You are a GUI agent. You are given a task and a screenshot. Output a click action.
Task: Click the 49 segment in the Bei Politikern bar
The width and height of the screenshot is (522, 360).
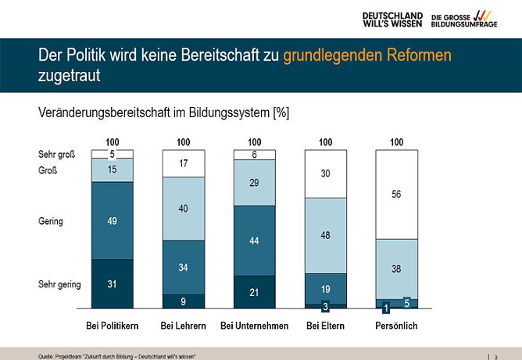pos(112,221)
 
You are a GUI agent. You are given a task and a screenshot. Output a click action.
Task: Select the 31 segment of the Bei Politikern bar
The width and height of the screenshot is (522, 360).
pos(112,283)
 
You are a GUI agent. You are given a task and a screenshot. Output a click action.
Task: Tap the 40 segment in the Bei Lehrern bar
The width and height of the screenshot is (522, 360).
pos(183,209)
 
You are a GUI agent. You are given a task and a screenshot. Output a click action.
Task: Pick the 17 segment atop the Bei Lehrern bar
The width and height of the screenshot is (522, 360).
pos(183,163)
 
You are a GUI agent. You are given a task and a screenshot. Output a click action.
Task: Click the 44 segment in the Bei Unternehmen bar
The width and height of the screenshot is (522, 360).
pos(254,241)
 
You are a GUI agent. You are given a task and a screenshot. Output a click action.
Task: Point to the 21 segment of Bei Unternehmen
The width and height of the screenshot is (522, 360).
pos(254,291)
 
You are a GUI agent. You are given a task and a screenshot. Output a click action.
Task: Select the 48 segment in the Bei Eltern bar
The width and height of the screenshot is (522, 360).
pos(325,235)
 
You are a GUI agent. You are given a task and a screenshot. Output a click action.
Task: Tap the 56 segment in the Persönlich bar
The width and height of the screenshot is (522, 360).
pos(396,194)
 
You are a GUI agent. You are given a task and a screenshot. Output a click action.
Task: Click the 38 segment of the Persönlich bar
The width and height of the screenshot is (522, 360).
pos(396,269)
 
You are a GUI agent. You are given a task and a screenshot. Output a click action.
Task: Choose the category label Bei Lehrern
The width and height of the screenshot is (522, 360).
pos(183,325)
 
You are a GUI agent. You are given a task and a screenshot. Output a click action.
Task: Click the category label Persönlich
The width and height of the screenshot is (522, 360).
pos(396,325)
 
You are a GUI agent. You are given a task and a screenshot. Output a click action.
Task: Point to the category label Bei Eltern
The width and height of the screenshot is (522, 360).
pos(325,325)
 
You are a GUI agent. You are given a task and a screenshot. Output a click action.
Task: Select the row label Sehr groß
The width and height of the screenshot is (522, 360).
pos(56,155)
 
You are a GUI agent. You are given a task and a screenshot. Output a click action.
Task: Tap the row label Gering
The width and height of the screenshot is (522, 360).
pos(51,221)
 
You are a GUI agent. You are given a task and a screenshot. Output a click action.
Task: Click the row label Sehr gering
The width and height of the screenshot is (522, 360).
pos(59,284)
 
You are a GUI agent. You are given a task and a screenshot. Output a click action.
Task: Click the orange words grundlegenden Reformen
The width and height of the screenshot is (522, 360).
pos(367,56)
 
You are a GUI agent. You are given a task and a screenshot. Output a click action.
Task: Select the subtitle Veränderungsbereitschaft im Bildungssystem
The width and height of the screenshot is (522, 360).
pos(163,112)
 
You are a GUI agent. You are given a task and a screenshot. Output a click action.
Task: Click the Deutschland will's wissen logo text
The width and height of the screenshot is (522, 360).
pos(392,20)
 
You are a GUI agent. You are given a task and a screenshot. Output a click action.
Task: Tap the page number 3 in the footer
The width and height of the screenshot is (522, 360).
pos(495,356)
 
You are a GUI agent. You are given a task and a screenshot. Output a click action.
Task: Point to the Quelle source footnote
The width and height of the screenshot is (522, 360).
pos(116,356)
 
